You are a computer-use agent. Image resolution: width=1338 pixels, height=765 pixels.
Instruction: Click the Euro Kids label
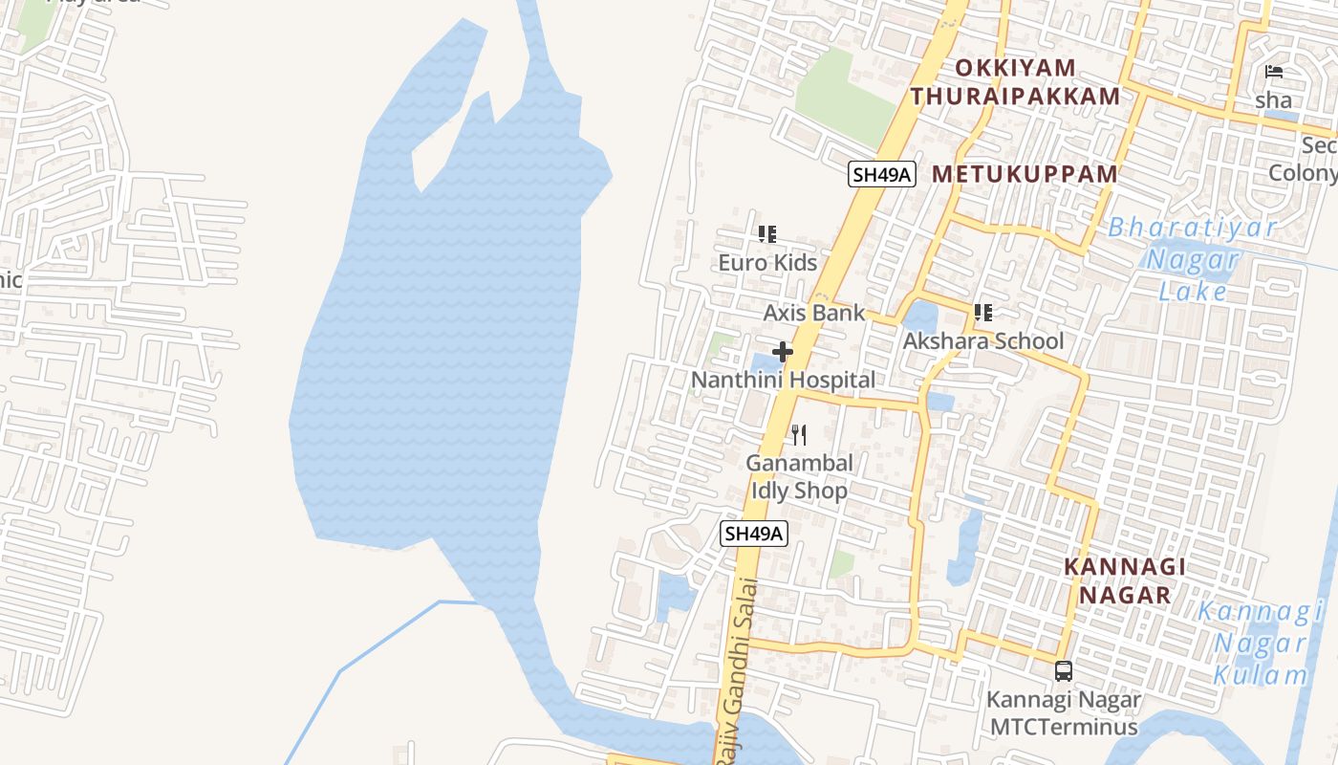(767, 262)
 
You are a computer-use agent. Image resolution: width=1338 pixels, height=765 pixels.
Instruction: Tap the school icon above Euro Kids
(766, 233)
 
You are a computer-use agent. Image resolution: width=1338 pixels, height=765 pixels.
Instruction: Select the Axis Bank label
(813, 313)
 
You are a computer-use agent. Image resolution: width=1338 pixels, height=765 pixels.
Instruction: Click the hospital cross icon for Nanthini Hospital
(783, 352)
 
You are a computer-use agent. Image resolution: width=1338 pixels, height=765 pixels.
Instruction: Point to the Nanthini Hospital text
(783, 380)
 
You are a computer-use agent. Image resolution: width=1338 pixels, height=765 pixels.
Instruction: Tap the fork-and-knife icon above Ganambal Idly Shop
(799, 435)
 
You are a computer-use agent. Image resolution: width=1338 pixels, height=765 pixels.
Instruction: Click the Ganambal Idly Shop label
(799, 476)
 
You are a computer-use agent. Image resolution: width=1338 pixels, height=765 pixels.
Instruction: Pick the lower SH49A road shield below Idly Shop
(754, 534)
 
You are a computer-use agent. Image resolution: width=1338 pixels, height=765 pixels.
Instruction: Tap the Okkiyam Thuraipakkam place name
(1015, 82)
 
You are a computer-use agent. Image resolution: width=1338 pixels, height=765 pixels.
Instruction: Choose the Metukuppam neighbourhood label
(1025, 174)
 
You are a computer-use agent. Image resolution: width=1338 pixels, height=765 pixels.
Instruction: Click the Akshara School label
(983, 341)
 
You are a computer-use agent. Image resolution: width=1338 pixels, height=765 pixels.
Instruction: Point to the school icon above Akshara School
(982, 312)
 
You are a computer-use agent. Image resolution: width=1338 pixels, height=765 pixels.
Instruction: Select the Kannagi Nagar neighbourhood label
(1125, 580)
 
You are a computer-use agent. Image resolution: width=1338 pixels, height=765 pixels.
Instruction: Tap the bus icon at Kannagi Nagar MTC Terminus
(1064, 670)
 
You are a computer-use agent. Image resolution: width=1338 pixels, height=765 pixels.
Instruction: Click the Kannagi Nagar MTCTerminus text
(1064, 713)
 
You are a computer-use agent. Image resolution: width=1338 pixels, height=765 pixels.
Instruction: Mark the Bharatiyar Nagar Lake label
(1192, 259)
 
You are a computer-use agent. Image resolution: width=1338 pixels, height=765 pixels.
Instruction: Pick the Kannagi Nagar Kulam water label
(1260, 643)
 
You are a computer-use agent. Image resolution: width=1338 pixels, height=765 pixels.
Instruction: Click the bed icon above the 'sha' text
(1273, 72)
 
